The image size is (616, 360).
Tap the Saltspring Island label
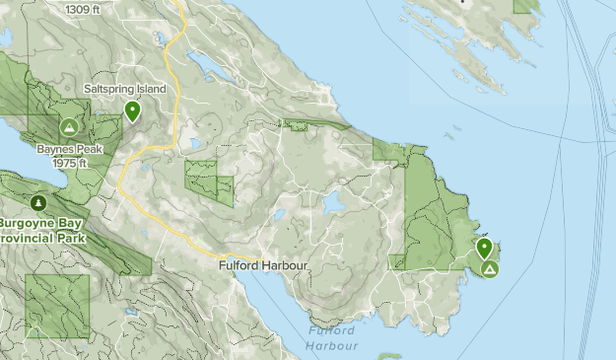[x=124, y=90]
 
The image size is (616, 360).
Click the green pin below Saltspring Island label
[x=132, y=111]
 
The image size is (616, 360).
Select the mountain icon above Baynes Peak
[x=69, y=127]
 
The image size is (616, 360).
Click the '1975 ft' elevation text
[x=71, y=163]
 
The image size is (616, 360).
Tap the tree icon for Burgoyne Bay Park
[x=38, y=203]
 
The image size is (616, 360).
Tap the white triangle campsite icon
[x=489, y=268]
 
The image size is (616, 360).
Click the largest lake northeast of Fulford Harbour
[x=333, y=202]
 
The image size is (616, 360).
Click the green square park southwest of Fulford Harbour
[x=57, y=307]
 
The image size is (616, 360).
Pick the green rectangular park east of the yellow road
[x=209, y=182]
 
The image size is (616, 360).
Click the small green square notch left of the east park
[x=398, y=261]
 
